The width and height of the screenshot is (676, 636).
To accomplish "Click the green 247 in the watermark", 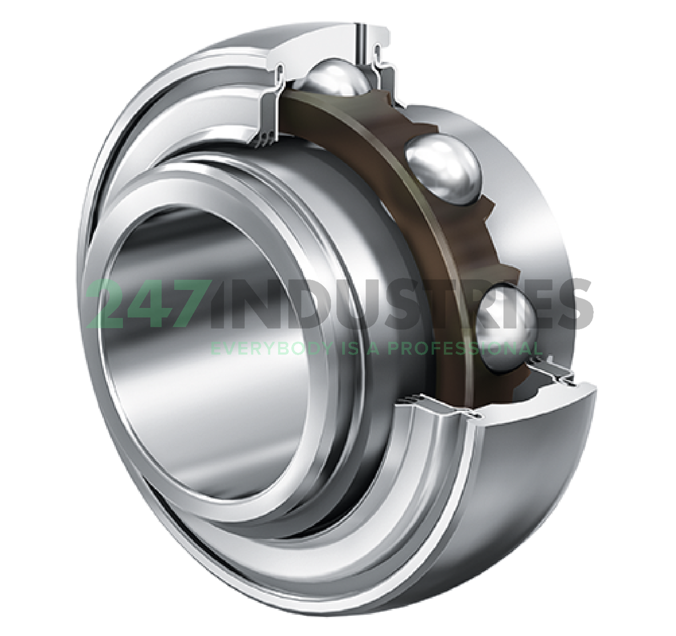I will tap(146, 305).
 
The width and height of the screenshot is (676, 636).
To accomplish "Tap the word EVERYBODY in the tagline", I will tap(268, 349).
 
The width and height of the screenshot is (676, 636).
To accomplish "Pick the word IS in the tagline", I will tap(348, 349).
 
